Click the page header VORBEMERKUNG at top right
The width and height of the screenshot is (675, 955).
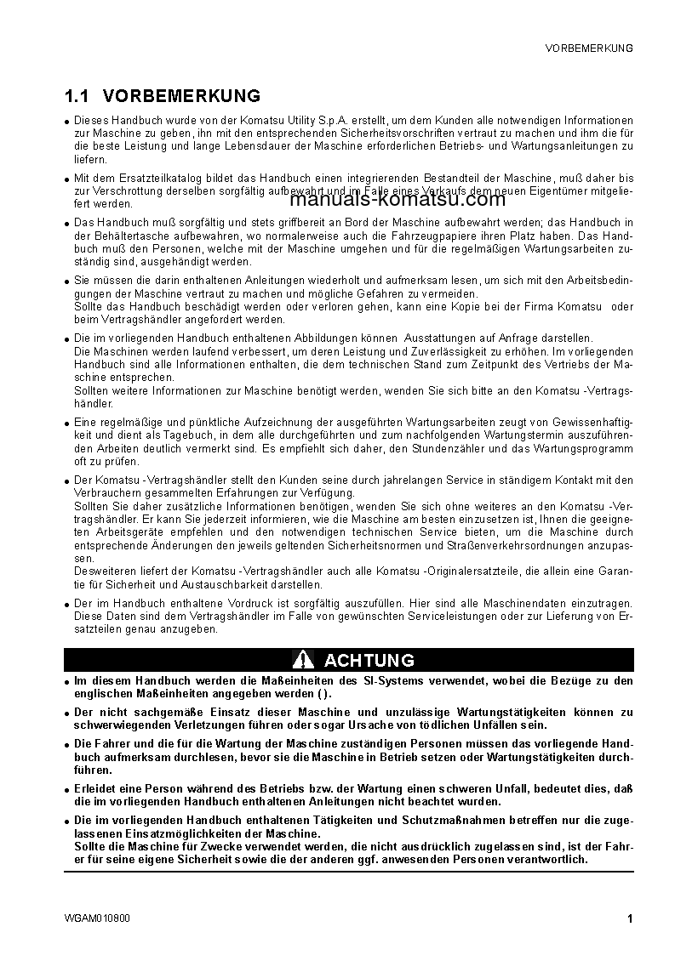click(588, 48)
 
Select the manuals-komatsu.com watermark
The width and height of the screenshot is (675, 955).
click(398, 201)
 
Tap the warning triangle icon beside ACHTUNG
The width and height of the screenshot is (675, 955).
click(303, 660)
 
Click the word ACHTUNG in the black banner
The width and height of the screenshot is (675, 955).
click(369, 660)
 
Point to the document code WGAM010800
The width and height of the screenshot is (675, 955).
click(97, 918)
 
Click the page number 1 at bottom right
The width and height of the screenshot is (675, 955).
click(629, 918)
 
